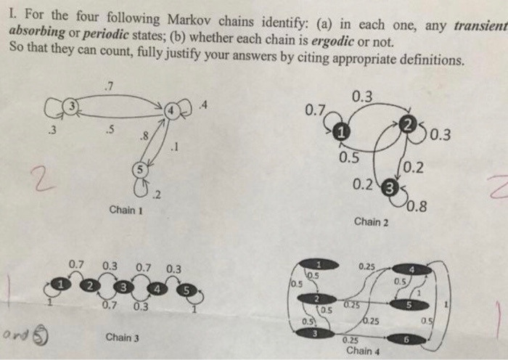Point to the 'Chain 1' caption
124,210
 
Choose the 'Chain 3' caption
122,337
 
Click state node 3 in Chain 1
71,107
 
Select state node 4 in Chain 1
172,110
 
